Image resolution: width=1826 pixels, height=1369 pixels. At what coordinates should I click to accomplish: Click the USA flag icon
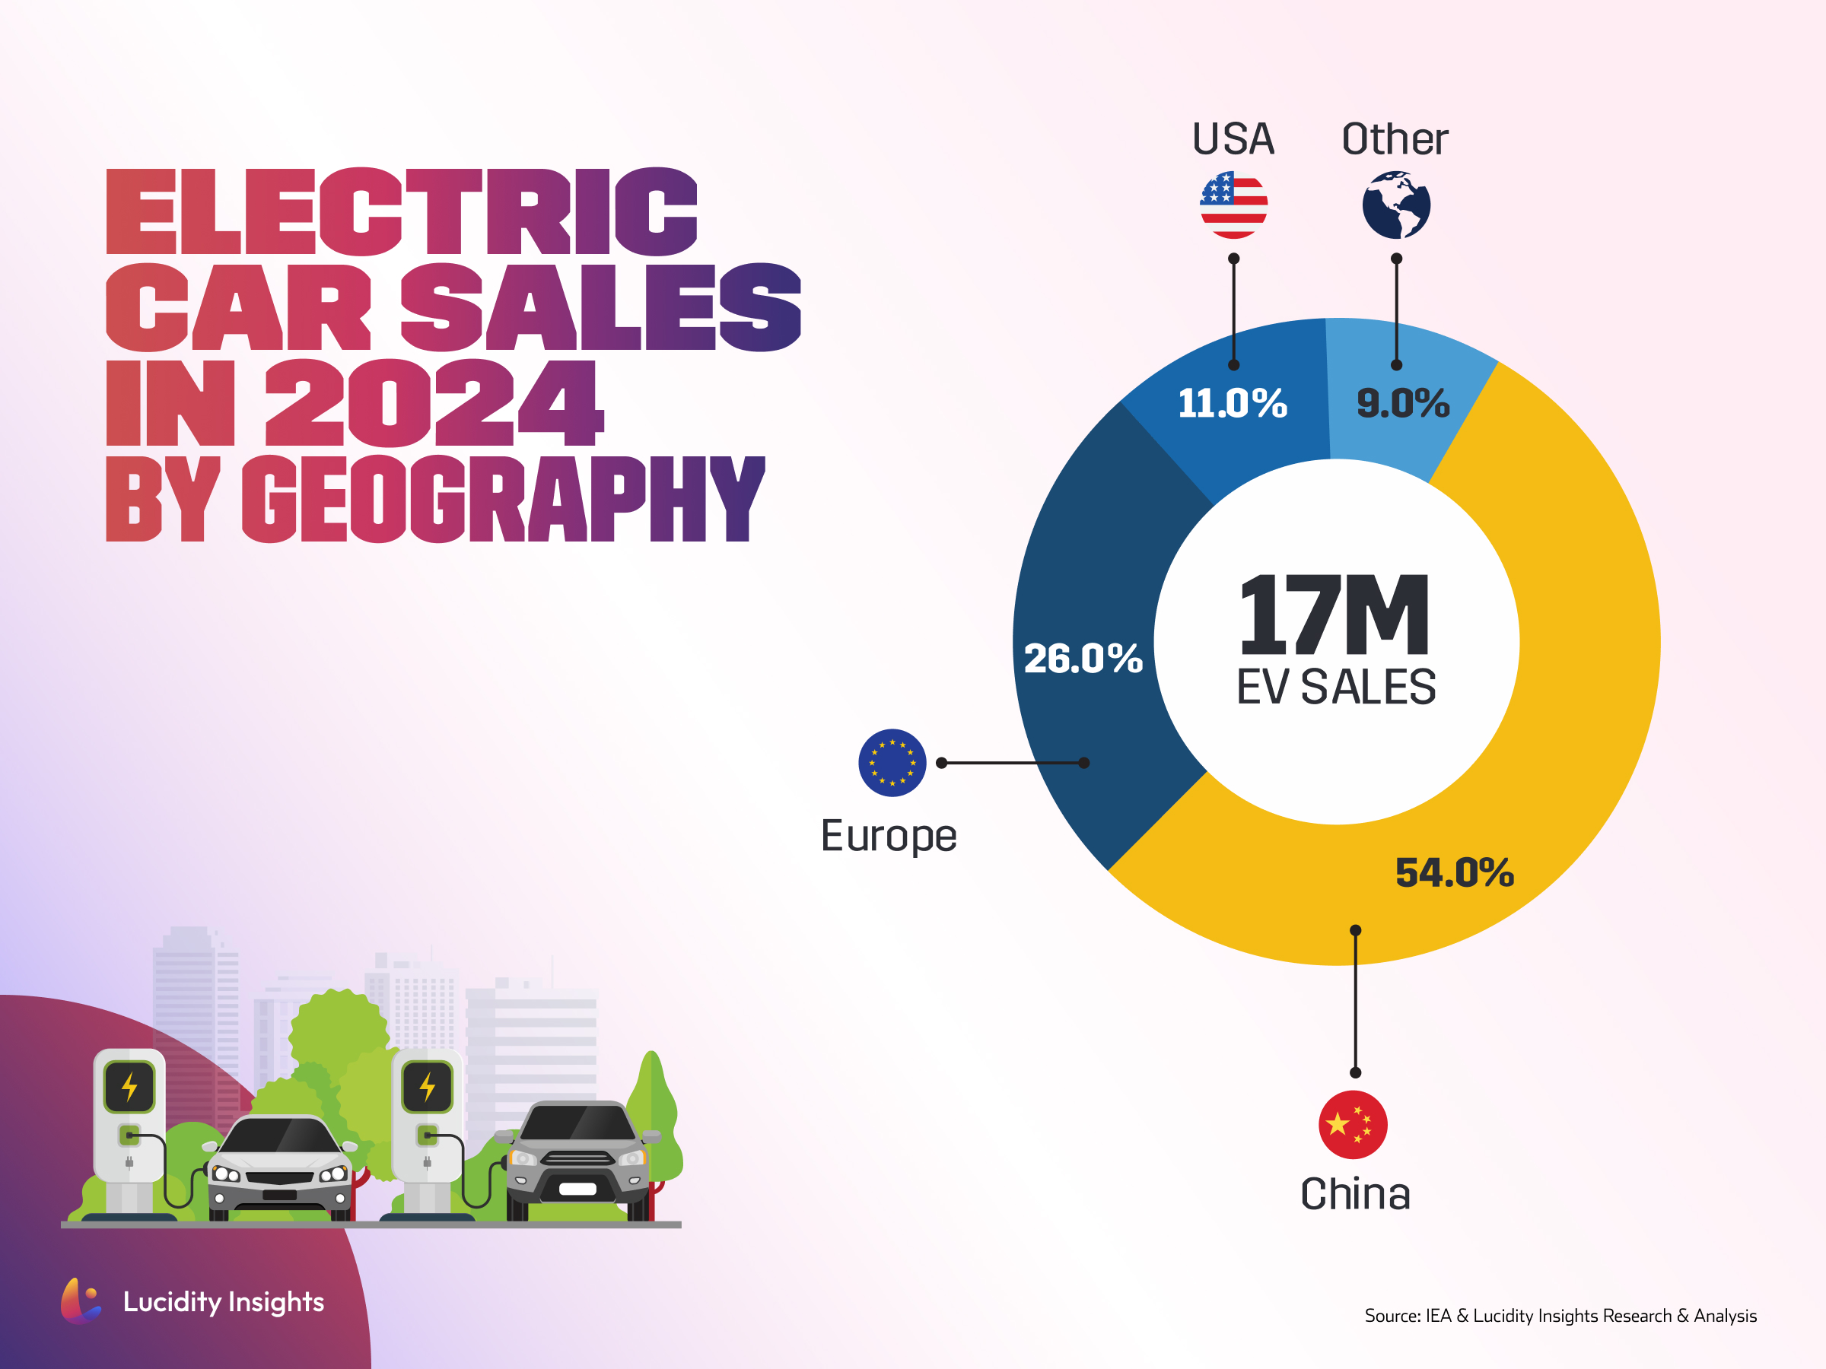pyautogui.click(x=1233, y=205)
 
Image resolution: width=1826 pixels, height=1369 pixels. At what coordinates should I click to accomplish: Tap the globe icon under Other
pyautogui.click(x=1396, y=205)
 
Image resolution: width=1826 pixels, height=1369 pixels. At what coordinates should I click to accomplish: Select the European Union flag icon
pyautogui.click(x=892, y=763)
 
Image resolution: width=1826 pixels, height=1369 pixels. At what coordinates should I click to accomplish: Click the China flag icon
pyautogui.click(x=1353, y=1125)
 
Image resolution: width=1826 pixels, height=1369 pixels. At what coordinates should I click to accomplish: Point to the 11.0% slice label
pyautogui.click(x=1233, y=404)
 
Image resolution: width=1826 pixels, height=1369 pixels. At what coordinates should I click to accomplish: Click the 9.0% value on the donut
pyautogui.click(x=1402, y=404)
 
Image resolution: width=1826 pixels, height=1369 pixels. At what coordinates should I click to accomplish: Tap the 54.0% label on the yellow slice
pyautogui.click(x=1455, y=872)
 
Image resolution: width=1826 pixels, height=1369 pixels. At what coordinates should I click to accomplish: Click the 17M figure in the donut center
pyautogui.click(x=1334, y=615)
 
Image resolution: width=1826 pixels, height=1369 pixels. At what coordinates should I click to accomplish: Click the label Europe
pyautogui.click(x=888, y=836)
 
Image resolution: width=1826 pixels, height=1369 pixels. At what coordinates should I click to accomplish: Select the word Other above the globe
pyautogui.click(x=1395, y=138)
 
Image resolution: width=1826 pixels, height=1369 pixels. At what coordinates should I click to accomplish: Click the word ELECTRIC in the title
pyautogui.click(x=402, y=211)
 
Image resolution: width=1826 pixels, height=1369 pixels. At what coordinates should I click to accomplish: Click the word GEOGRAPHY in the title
pyautogui.click(x=504, y=498)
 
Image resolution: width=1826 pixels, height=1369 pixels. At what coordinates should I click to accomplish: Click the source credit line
pyautogui.click(x=1560, y=1315)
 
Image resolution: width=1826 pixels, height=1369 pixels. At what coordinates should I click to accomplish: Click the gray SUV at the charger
pyautogui.click(x=577, y=1159)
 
